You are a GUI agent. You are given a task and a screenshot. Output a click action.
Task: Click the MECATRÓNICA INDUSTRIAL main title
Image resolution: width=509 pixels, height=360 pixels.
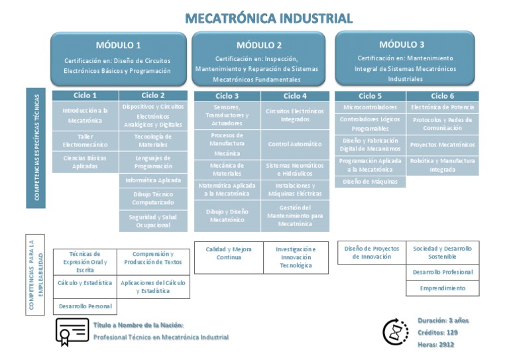tap(268, 18)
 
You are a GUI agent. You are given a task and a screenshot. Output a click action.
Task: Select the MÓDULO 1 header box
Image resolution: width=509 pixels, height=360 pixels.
tap(119, 58)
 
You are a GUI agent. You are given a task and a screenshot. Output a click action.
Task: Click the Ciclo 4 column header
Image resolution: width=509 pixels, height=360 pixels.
tap(295, 96)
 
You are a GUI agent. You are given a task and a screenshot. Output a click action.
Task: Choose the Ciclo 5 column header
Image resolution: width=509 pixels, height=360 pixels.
tap(370, 96)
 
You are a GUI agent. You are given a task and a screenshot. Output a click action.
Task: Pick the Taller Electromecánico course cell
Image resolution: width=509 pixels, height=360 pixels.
tap(85, 140)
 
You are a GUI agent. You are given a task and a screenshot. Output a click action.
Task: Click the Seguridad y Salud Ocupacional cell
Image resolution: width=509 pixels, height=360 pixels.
tap(152, 221)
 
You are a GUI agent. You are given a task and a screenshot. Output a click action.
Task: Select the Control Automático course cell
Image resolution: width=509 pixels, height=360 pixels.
tap(295, 144)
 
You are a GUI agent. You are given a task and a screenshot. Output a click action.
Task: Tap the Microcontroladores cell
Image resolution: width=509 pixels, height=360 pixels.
tap(370, 107)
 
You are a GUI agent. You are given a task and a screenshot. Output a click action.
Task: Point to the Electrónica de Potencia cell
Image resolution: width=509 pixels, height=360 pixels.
tap(442, 107)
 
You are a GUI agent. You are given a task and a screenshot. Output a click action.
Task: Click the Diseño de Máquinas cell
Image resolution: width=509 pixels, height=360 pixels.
tap(370, 182)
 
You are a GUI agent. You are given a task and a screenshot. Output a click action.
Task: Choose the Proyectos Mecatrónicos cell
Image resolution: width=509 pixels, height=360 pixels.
tap(442, 145)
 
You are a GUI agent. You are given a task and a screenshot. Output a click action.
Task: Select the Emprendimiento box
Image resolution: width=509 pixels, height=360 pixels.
tap(442, 288)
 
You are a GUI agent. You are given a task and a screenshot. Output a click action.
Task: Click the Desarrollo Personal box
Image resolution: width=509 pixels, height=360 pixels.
tap(85, 307)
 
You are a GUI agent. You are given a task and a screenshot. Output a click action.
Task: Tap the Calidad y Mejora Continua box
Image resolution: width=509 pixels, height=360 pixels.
tap(229, 253)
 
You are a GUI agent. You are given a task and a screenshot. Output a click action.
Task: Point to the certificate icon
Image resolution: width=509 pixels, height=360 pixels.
tap(72, 331)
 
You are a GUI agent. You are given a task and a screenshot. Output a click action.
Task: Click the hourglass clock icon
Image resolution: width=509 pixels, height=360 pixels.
tap(395, 331)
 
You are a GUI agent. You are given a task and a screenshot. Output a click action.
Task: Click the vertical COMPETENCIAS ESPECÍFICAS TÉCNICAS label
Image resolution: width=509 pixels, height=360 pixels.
tap(36, 148)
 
